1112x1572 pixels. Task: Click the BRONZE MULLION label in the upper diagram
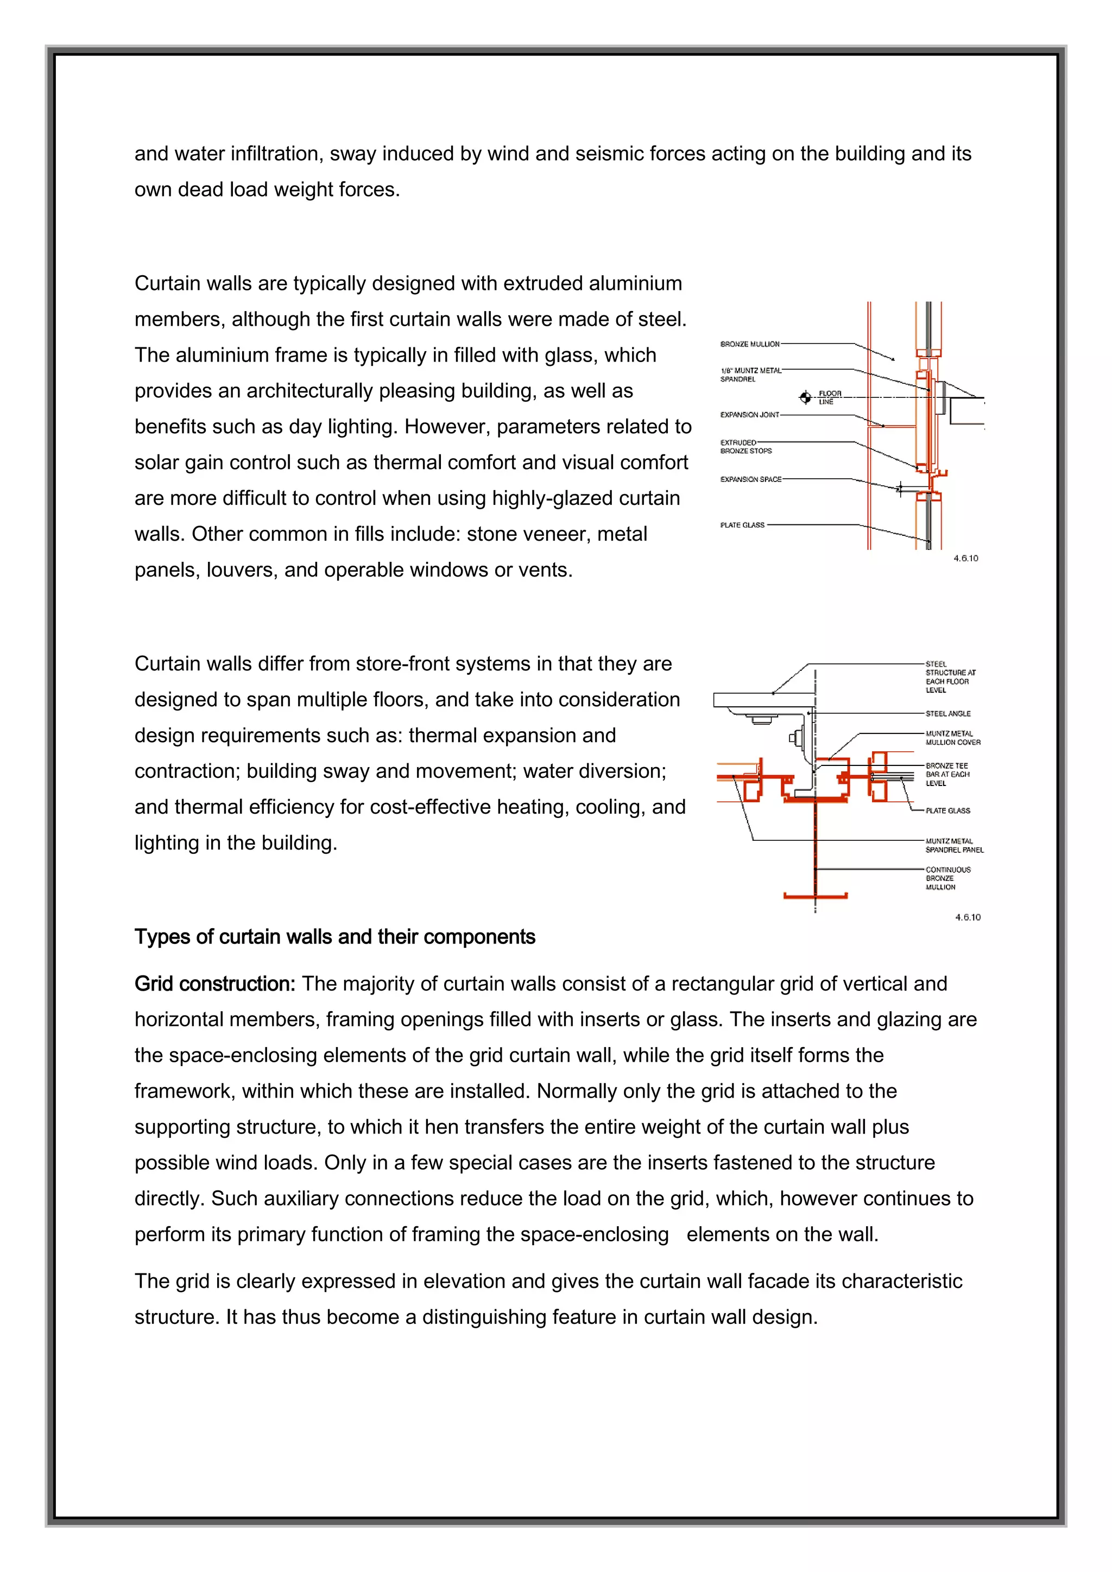click(x=750, y=344)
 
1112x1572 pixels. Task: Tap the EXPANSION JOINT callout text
click(x=750, y=414)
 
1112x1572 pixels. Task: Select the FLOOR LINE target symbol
click(x=806, y=397)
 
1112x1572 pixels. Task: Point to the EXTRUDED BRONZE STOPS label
click(x=745, y=446)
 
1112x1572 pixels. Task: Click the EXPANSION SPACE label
click(x=750, y=479)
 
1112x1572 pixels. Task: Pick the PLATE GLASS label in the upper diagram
click(x=742, y=525)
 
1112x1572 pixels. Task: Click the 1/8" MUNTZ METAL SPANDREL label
click(x=750, y=375)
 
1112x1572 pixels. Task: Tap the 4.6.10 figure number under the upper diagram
click(x=965, y=558)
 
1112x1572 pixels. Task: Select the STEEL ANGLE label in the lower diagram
click(x=947, y=713)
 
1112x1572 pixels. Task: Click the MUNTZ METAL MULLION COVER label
click(x=952, y=738)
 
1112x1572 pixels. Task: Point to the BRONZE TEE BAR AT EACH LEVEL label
click(x=947, y=775)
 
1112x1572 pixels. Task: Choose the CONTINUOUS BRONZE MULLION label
click(x=947, y=878)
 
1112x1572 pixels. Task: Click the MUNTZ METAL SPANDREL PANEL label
click(x=954, y=846)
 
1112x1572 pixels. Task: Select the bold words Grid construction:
click(x=214, y=984)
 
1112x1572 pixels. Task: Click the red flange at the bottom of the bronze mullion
click(x=815, y=896)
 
